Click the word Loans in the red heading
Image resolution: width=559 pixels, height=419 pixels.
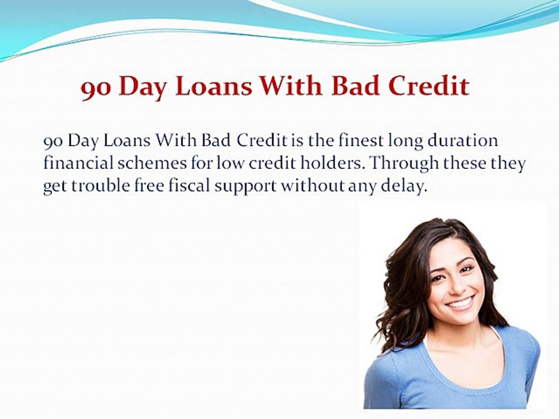[x=214, y=86]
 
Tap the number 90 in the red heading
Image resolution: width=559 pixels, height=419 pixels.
[x=96, y=89]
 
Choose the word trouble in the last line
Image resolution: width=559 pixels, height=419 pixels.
[x=101, y=186]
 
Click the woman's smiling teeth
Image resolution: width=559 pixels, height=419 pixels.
[x=461, y=304]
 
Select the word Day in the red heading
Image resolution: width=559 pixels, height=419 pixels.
[x=142, y=88]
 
